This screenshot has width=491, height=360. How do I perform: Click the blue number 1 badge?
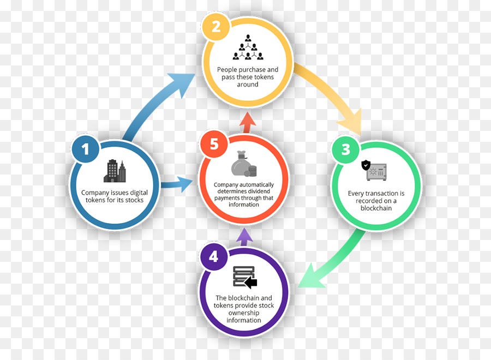85,149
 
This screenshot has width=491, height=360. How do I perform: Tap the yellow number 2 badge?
216,27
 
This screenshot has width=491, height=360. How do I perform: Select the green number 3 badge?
346,149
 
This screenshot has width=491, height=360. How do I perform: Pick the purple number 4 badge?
214,257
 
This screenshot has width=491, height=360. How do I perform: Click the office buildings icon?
115,171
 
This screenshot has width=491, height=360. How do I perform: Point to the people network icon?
248,47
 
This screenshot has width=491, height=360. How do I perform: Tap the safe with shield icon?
374,170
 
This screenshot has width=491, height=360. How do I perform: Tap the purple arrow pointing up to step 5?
244,237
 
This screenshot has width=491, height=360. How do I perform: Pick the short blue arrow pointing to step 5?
177,184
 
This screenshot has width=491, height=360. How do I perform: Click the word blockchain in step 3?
376,208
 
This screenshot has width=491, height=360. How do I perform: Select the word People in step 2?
225,70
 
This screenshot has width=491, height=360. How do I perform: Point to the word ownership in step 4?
244,313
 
